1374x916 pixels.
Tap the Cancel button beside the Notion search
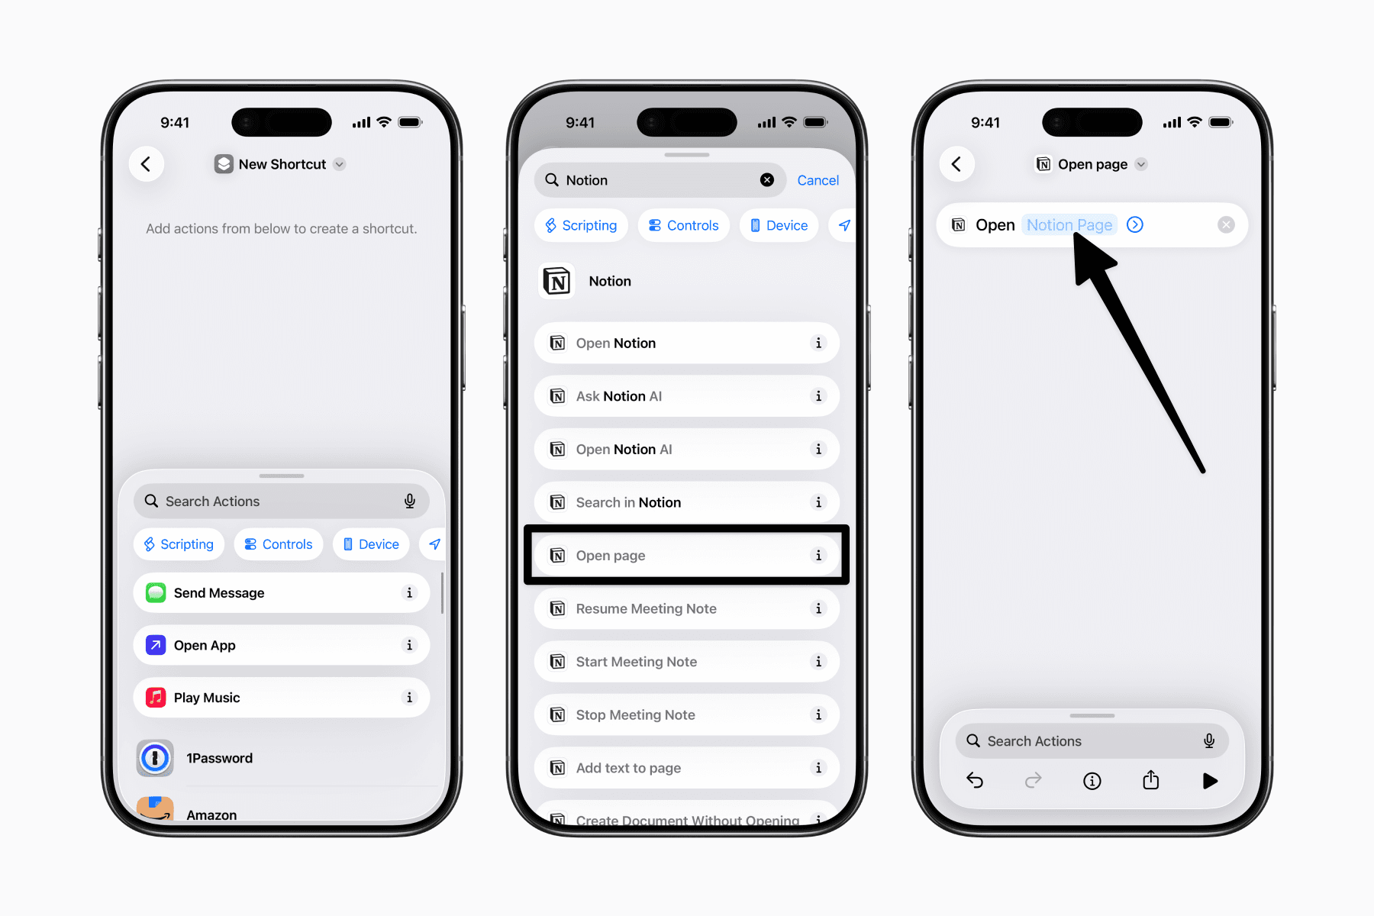[x=818, y=180]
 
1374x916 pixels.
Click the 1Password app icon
[x=155, y=758]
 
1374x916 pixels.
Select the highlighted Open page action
[x=686, y=556]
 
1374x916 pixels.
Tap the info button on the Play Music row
[x=410, y=698]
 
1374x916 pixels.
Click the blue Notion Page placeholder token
[x=1069, y=225]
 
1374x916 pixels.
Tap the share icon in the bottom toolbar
[x=1150, y=780]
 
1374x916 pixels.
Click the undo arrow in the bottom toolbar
[x=975, y=780]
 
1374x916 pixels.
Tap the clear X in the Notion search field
[x=767, y=180]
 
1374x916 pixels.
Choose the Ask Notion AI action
[x=686, y=396]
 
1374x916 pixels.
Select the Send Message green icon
[x=156, y=593]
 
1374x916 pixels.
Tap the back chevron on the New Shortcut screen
[x=146, y=164]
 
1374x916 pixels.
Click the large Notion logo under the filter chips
[x=557, y=282]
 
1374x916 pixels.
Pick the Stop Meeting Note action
[x=686, y=715]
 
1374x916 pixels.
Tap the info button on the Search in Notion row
[x=818, y=502]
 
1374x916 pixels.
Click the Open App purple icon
[x=156, y=646]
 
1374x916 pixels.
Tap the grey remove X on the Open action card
[x=1226, y=225]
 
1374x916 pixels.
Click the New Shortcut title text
[x=282, y=164]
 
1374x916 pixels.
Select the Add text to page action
[x=686, y=768]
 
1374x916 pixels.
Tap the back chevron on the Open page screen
[x=956, y=164]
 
